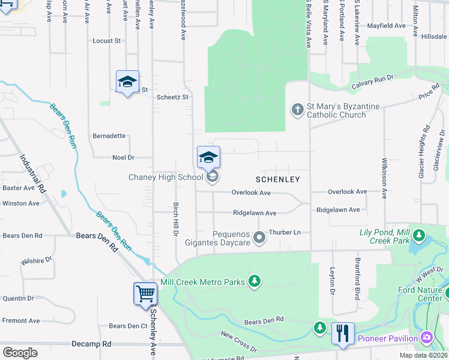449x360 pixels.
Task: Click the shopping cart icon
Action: pos(145,295)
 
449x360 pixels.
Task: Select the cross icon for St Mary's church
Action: pos(297,110)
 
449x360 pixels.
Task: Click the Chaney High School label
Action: pos(166,177)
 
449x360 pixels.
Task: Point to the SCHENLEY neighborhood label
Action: pos(277,179)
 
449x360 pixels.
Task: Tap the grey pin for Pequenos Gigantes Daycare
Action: pos(259,238)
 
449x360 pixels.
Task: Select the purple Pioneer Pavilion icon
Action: pos(427,338)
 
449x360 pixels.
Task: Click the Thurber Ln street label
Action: pos(285,232)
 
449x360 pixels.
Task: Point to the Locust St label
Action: pos(107,41)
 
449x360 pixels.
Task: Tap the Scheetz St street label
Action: pos(172,97)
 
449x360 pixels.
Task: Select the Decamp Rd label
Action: pos(91,344)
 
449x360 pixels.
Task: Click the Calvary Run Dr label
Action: pos(372,82)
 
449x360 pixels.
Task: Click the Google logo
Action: pos(20,352)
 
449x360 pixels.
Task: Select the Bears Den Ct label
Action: pos(128,326)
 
